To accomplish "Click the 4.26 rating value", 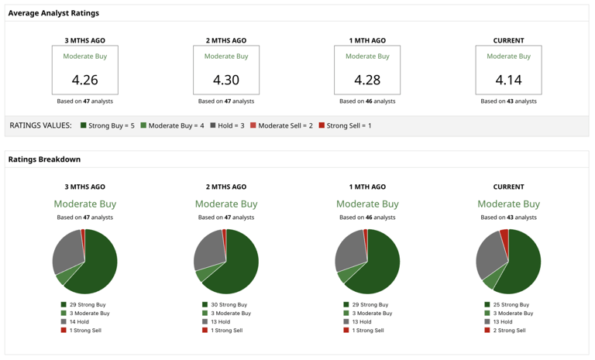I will pyautogui.click(x=84, y=80).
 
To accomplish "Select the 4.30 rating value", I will pyautogui.click(x=226, y=80).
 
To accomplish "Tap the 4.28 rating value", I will pyautogui.click(x=367, y=80).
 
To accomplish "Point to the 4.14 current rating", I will pyautogui.click(x=508, y=80).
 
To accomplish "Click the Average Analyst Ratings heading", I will pyautogui.click(x=53, y=13).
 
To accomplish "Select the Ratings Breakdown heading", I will pyautogui.click(x=44, y=159).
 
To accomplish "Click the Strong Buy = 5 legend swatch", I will pyautogui.click(x=84, y=125).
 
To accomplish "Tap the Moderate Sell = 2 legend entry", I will pyautogui.click(x=281, y=125).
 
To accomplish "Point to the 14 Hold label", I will pyautogui.click(x=79, y=322).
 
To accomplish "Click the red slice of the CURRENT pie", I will pyautogui.click(x=504, y=235).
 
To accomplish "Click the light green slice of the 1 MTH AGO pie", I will pyautogui.click(x=345, y=275).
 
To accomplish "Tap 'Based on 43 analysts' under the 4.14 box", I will pyautogui.click(x=508, y=101).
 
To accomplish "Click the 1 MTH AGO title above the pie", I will pyautogui.click(x=367, y=187).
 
